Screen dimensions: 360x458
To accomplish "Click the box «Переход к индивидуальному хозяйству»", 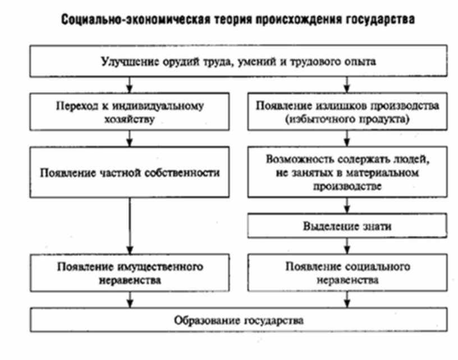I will point(130,111).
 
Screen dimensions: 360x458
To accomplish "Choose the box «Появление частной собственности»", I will point(130,172).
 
